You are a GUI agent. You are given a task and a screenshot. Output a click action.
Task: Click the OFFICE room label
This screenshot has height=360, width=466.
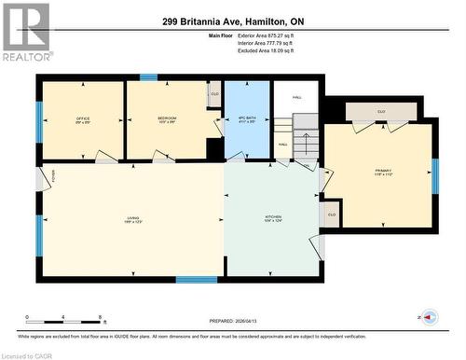82,120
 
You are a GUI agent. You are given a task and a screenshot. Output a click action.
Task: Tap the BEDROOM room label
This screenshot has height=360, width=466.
167,120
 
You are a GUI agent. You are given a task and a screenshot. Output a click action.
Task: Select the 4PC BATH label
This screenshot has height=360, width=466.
247,120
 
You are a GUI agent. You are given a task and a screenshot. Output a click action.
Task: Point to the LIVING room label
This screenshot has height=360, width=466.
132,220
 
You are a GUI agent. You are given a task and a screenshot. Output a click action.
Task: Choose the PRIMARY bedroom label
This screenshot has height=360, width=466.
383,173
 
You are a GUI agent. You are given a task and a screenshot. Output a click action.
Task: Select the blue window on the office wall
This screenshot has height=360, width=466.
39,120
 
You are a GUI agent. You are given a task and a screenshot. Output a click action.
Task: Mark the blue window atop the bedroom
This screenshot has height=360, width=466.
148,77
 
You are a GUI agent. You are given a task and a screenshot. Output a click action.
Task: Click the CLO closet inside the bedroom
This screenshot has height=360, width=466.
214,93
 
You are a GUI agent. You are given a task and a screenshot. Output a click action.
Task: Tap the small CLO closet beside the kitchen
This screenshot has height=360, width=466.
331,215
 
